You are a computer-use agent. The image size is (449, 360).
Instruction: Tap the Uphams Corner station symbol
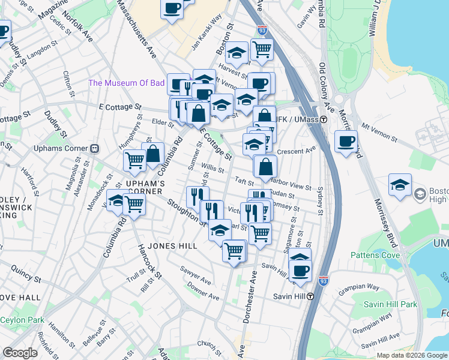coord(94,148)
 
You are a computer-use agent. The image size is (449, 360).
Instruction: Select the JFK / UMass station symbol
coord(324,119)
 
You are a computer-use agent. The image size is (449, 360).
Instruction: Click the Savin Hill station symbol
coord(310,296)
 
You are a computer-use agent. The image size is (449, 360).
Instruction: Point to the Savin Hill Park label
coord(390,305)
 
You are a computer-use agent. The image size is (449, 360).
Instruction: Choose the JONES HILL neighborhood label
coord(174,246)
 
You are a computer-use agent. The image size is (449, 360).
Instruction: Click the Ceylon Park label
coord(23,320)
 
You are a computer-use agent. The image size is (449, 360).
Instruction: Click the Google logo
coord(20,353)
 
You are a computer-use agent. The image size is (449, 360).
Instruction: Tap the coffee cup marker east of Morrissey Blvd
coord(346,142)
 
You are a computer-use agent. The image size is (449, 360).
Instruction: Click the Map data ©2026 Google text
coord(412,355)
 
